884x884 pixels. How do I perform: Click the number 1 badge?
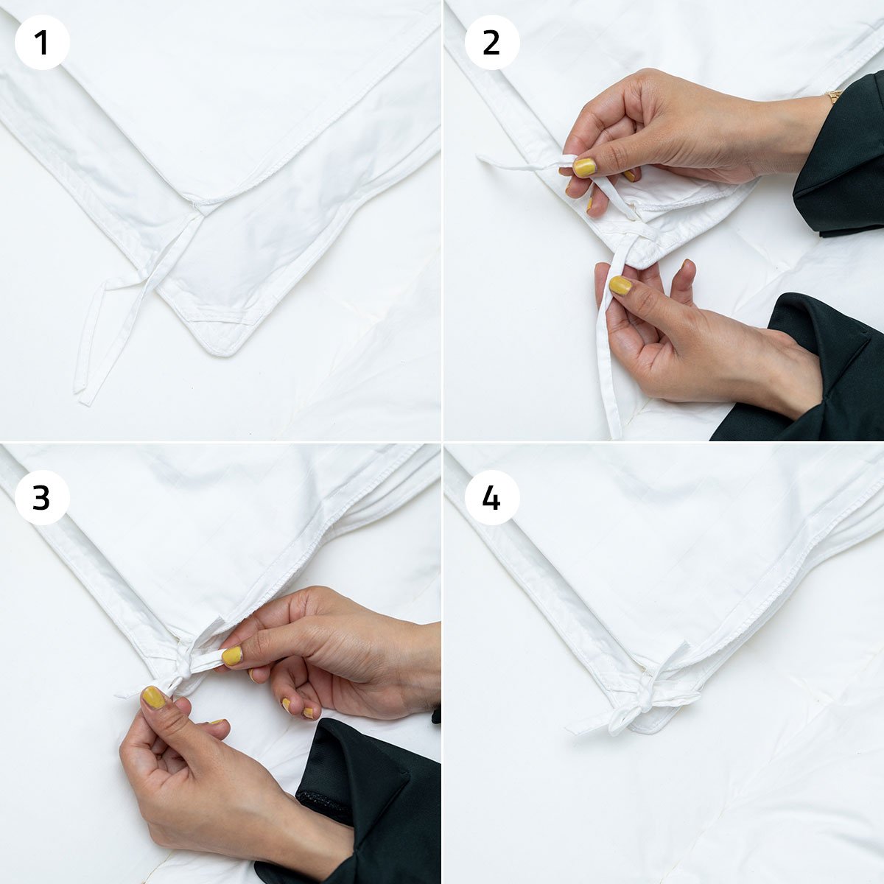(42, 42)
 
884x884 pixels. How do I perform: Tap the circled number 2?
(492, 42)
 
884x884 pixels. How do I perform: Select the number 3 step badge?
(42, 498)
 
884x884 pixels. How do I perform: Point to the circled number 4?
(492, 498)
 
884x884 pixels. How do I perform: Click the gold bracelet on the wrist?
(834, 97)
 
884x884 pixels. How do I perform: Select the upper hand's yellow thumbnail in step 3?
(232, 656)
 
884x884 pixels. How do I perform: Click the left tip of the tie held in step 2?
(479, 158)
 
